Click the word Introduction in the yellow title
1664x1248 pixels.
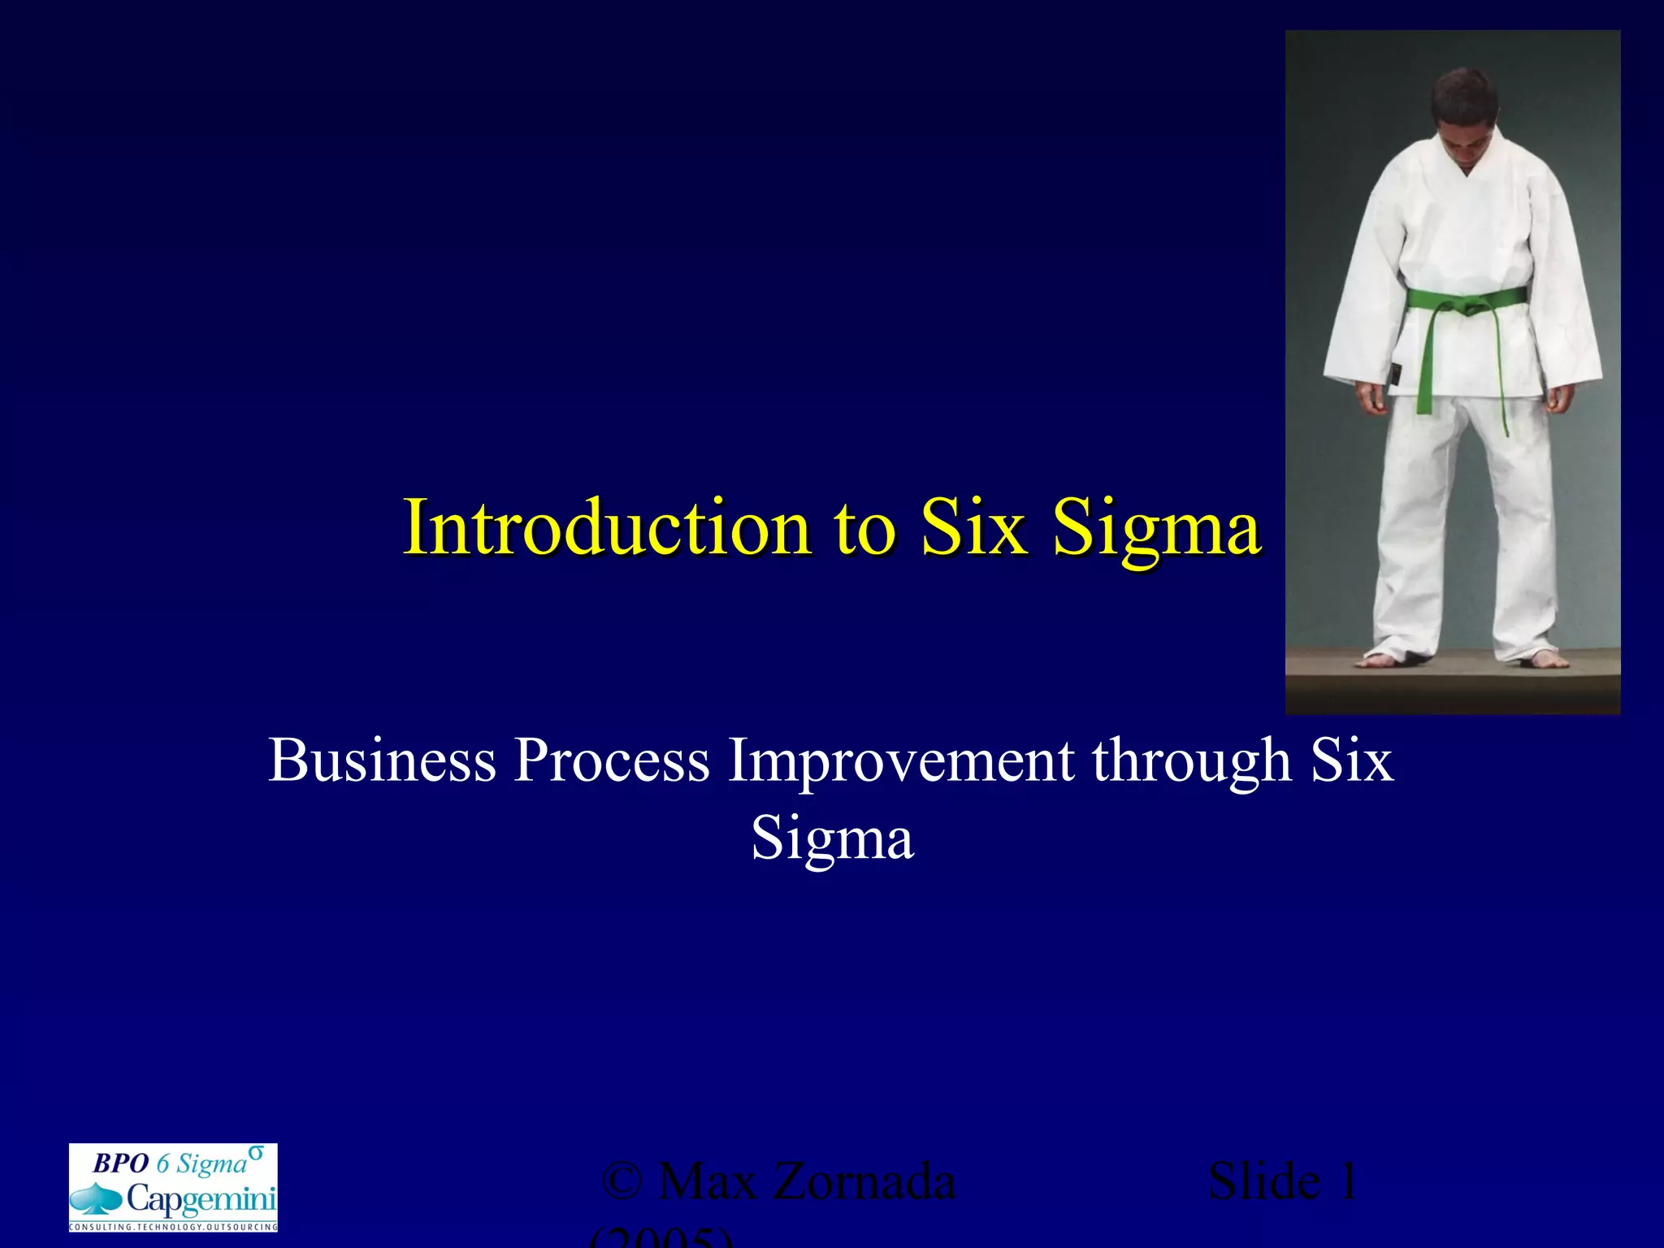coord(607,528)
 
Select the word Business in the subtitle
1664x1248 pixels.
coord(382,760)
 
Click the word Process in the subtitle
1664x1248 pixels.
coord(611,760)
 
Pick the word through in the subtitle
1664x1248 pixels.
coord(1191,760)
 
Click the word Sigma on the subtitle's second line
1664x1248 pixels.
coord(832,838)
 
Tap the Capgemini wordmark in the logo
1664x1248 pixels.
coord(201,1198)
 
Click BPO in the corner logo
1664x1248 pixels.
coord(120,1163)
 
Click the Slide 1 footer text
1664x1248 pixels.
coord(1282,1181)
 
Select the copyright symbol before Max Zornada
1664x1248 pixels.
coord(622,1182)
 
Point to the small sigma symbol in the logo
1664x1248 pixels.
coord(256,1152)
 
